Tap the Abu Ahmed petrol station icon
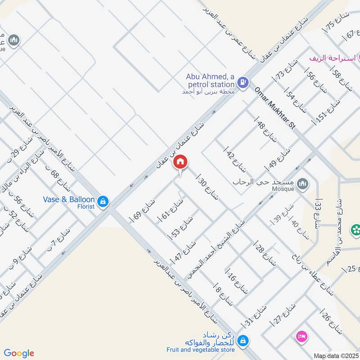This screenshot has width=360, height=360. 243,82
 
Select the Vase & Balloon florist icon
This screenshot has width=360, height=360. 103,202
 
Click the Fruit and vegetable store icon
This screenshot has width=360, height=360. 243,340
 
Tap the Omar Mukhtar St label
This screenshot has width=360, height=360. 274,108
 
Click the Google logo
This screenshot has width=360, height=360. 19,353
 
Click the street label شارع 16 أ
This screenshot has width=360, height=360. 237,282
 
